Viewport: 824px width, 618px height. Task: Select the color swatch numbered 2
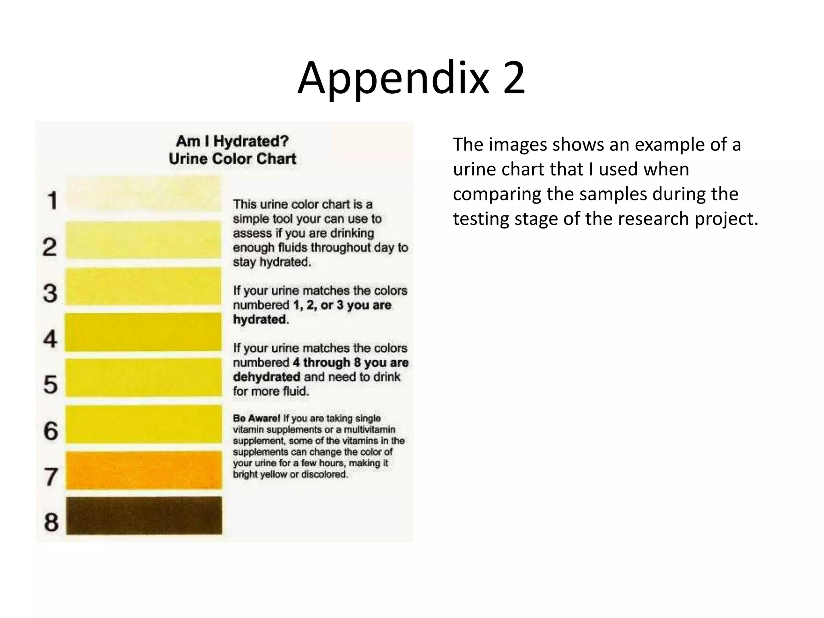[143, 240]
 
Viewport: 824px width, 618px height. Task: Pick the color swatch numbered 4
[143, 332]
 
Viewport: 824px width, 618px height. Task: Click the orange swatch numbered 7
[144, 470]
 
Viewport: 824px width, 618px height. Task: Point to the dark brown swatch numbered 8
[144, 515]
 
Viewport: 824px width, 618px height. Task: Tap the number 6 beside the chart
[51, 431]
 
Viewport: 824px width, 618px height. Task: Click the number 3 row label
[50, 293]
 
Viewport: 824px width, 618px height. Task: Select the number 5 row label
[51, 385]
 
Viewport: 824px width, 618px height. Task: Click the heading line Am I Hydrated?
[233, 141]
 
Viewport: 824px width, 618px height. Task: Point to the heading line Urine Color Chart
[233, 159]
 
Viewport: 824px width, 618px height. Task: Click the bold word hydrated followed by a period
[260, 319]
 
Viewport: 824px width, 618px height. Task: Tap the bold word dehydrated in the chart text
[266, 377]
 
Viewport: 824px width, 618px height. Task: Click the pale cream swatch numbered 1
[143, 194]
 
